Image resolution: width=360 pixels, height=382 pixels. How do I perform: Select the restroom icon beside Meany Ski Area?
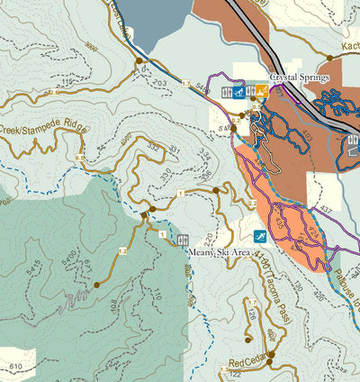(184, 241)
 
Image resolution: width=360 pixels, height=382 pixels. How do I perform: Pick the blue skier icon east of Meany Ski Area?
(258, 236)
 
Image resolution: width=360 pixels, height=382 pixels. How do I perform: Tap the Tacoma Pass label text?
(272, 292)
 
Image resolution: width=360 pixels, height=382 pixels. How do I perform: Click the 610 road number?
(15, 367)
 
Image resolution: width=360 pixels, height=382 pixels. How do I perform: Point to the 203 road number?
(161, 83)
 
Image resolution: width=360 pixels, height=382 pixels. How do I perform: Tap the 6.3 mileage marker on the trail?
(80, 158)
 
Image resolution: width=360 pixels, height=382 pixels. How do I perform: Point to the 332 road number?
(153, 146)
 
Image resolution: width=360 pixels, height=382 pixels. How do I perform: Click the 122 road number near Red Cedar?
(236, 372)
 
